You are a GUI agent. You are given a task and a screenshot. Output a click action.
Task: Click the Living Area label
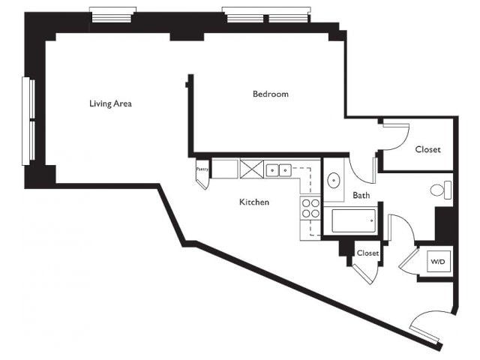pos(110,103)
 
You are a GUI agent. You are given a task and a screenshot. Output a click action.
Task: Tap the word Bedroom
pos(271,94)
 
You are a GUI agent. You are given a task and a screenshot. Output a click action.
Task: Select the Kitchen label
pos(254,202)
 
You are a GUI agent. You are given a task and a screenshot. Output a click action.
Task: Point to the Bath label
pos(361,195)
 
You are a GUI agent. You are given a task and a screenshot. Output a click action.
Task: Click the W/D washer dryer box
pos(439,262)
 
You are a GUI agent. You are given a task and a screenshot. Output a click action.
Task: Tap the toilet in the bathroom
pos(441,190)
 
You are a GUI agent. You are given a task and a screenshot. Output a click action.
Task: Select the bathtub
pos(354,220)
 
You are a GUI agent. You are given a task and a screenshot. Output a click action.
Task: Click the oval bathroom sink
pos(333,181)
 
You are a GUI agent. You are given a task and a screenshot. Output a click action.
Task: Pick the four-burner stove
pos(310,208)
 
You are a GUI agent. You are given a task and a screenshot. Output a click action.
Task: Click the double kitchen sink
pos(278,170)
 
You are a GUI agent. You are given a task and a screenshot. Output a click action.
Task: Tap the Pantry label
pos(202,169)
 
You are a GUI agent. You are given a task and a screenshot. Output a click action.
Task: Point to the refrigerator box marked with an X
pos(252,169)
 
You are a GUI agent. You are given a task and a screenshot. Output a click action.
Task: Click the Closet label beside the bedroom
pos(427,149)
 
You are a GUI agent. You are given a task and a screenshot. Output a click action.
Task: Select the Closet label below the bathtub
pos(367,253)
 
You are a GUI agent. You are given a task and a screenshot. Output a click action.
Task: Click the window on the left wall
pos(28,121)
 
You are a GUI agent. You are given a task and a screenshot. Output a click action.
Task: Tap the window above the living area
pos(112,15)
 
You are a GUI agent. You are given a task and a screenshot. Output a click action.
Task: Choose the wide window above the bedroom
pos(267,15)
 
